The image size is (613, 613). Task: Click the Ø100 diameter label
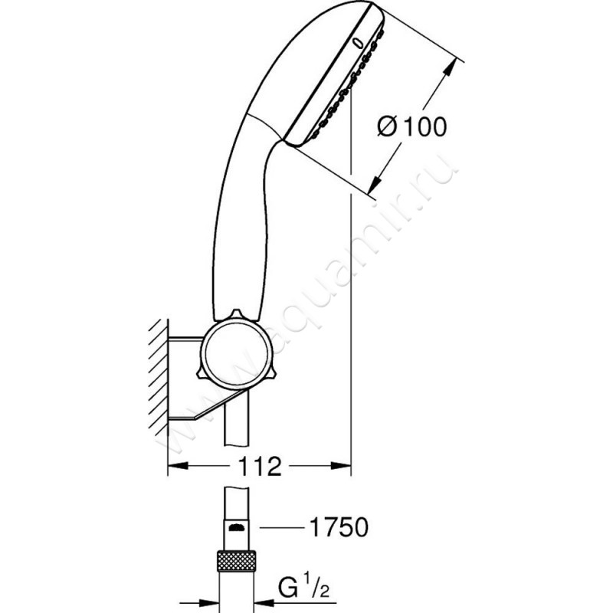pos(411,126)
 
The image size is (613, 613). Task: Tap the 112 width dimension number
pos(260,467)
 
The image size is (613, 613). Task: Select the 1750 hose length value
pos(339,527)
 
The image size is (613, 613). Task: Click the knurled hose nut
pos(236,562)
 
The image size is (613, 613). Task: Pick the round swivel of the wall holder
pos(236,351)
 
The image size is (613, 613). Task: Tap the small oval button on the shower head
pos(358,43)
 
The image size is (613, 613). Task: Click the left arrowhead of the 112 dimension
pos(178,466)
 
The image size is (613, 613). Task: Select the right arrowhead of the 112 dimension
pos(341,466)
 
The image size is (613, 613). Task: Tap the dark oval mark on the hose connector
pos(236,528)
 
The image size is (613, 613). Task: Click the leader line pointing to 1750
pos(282,528)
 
